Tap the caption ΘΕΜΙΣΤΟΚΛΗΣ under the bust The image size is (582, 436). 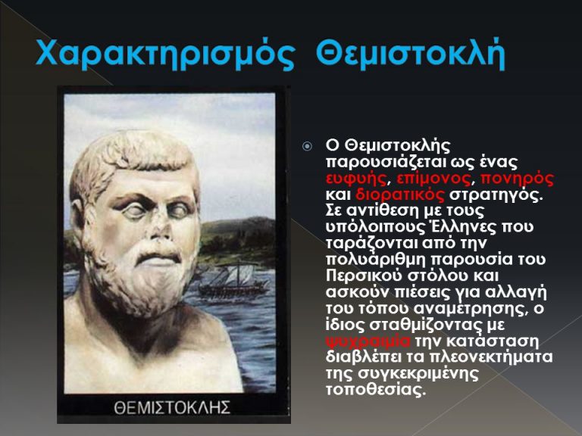coord(172,407)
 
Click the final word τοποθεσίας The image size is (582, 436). coord(375,391)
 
